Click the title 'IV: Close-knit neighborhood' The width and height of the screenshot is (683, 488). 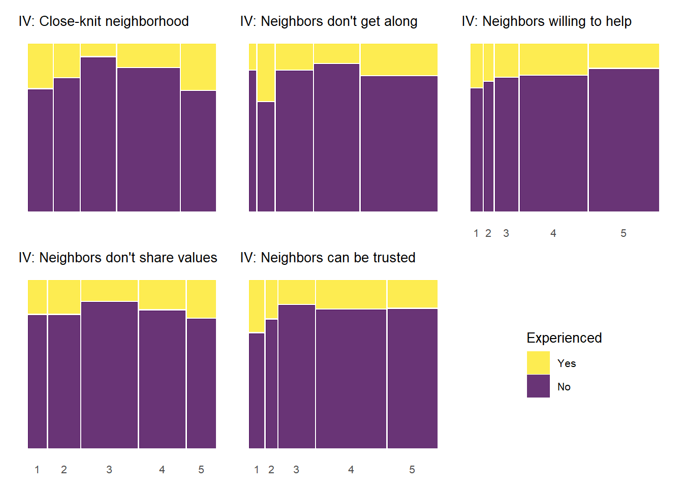[x=104, y=21]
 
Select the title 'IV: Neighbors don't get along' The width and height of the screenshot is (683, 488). [x=329, y=21]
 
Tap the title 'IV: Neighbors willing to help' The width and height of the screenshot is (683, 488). [x=547, y=21]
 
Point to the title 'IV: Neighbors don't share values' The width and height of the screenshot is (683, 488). [x=118, y=258]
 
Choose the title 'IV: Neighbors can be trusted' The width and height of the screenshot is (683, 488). [x=328, y=258]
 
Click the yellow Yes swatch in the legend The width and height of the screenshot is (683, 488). [x=538, y=363]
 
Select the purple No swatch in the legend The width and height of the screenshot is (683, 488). [x=538, y=386]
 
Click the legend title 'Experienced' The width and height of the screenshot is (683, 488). [x=564, y=338]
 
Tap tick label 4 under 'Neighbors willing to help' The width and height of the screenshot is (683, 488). [x=553, y=233]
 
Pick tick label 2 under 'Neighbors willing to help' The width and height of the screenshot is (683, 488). [x=488, y=233]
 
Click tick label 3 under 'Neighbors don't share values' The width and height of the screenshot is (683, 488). [x=109, y=470]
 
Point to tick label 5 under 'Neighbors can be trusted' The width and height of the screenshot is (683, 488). [x=412, y=470]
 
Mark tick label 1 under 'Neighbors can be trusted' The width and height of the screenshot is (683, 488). [x=257, y=470]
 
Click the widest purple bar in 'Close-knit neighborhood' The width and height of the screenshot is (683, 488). [x=148, y=140]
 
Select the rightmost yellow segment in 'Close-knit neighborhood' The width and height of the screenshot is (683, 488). [x=198, y=67]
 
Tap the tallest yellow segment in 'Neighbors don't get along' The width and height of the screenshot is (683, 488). [x=266, y=73]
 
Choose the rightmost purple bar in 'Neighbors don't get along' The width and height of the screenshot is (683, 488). [x=399, y=143]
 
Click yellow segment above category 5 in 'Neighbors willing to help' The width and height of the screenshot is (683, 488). [x=624, y=56]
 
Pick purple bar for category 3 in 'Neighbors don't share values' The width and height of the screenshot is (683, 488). [x=109, y=375]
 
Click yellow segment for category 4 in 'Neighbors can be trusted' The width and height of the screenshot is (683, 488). [x=351, y=294]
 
